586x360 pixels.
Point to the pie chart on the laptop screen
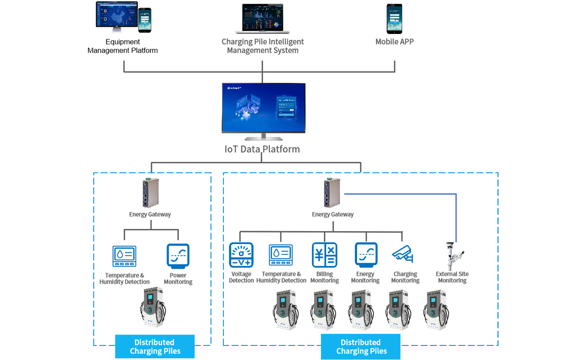point(277,24)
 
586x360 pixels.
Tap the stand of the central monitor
point(264,137)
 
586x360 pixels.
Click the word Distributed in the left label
point(155,342)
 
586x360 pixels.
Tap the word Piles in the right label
point(378,351)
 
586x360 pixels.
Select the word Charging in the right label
point(352,351)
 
